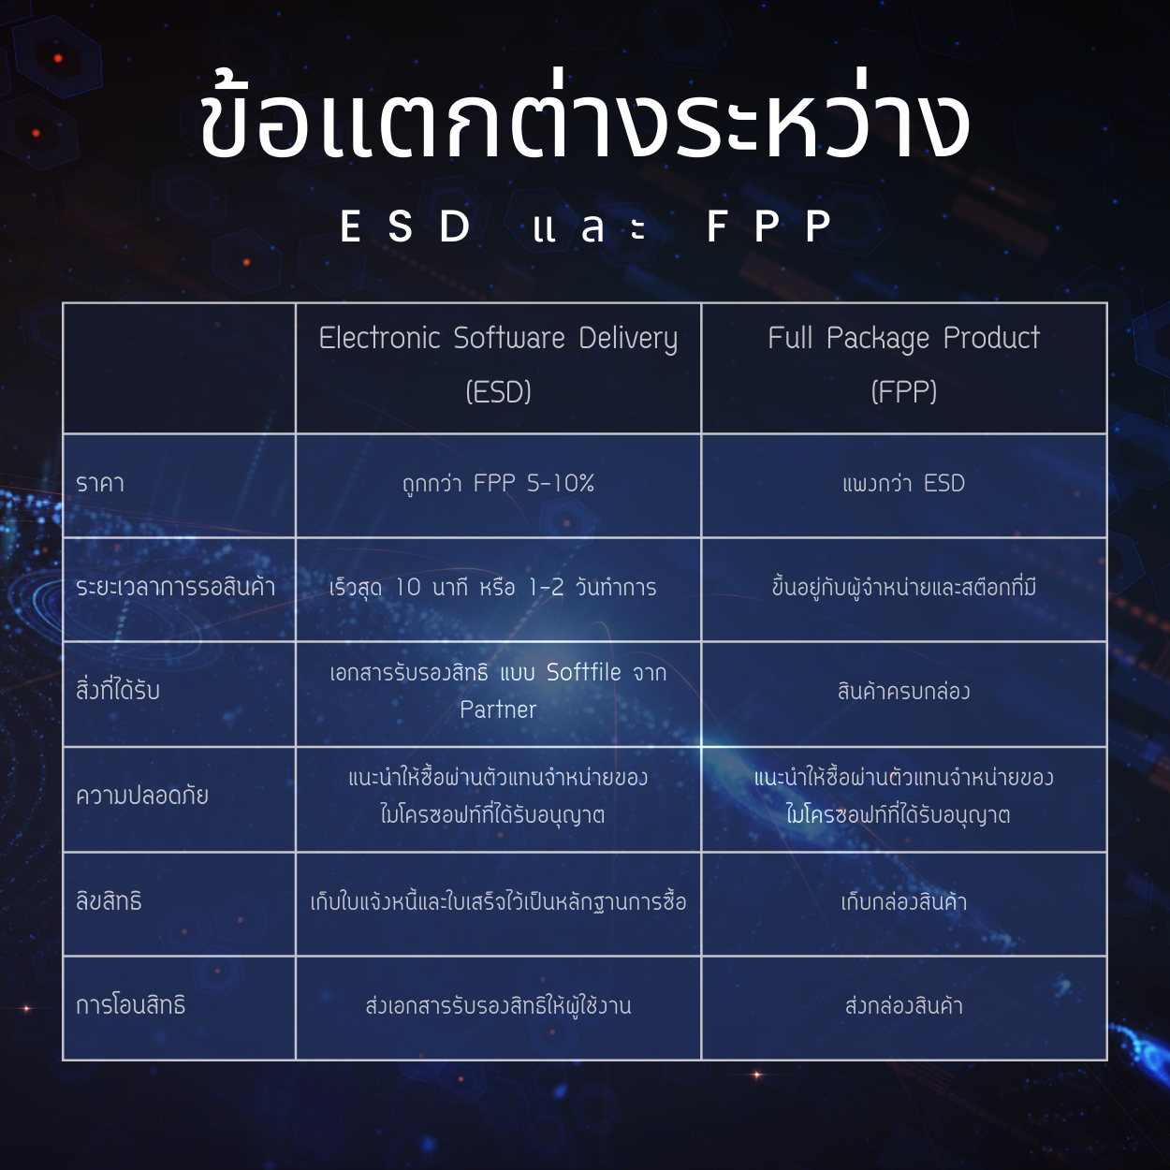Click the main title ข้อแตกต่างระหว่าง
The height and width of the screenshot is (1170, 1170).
click(x=584, y=122)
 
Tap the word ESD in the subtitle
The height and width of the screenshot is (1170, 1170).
click(x=405, y=227)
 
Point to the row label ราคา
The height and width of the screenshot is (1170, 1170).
click(x=100, y=484)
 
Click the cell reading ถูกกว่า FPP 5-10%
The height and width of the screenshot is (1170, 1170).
click(x=498, y=484)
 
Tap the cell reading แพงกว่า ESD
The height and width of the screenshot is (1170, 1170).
click(x=903, y=484)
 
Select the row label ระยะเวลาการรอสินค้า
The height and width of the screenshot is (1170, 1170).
click(x=175, y=587)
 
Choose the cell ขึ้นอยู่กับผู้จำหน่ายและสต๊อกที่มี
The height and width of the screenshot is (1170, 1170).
click(x=903, y=587)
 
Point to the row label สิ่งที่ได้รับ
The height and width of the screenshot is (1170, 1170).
click(x=118, y=691)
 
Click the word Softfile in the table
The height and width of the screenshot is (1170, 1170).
click(x=584, y=672)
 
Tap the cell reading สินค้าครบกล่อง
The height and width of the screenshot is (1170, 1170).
click(x=903, y=691)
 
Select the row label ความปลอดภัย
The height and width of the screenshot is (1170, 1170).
click(x=142, y=796)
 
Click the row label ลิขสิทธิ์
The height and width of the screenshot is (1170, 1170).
click(x=109, y=900)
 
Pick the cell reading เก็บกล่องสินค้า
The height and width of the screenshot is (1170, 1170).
click(x=903, y=901)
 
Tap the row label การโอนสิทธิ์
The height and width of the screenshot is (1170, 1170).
click(x=130, y=1005)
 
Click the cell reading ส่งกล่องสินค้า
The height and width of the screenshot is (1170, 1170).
click(x=903, y=1005)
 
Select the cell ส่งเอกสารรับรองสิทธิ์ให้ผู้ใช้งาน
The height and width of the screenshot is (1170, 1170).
click(x=498, y=1005)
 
